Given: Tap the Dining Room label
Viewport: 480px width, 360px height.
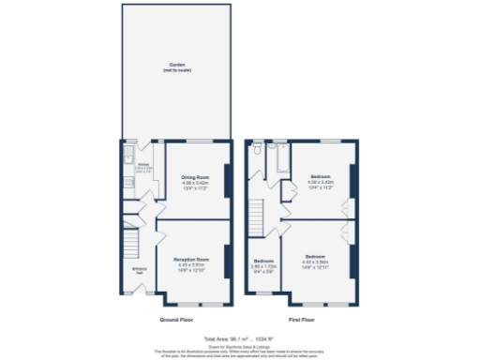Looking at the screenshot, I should (x=194, y=177).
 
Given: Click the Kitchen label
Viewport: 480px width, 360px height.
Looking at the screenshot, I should (x=142, y=165).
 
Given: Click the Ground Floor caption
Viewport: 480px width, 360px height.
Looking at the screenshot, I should (x=176, y=320).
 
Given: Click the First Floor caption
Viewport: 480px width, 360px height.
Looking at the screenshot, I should (x=301, y=320).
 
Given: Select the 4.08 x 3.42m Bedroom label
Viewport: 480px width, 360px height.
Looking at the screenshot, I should (x=321, y=177).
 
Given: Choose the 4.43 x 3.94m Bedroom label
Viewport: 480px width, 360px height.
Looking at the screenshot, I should (x=316, y=256).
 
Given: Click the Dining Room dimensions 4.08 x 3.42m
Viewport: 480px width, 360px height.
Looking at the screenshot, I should (x=194, y=183).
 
